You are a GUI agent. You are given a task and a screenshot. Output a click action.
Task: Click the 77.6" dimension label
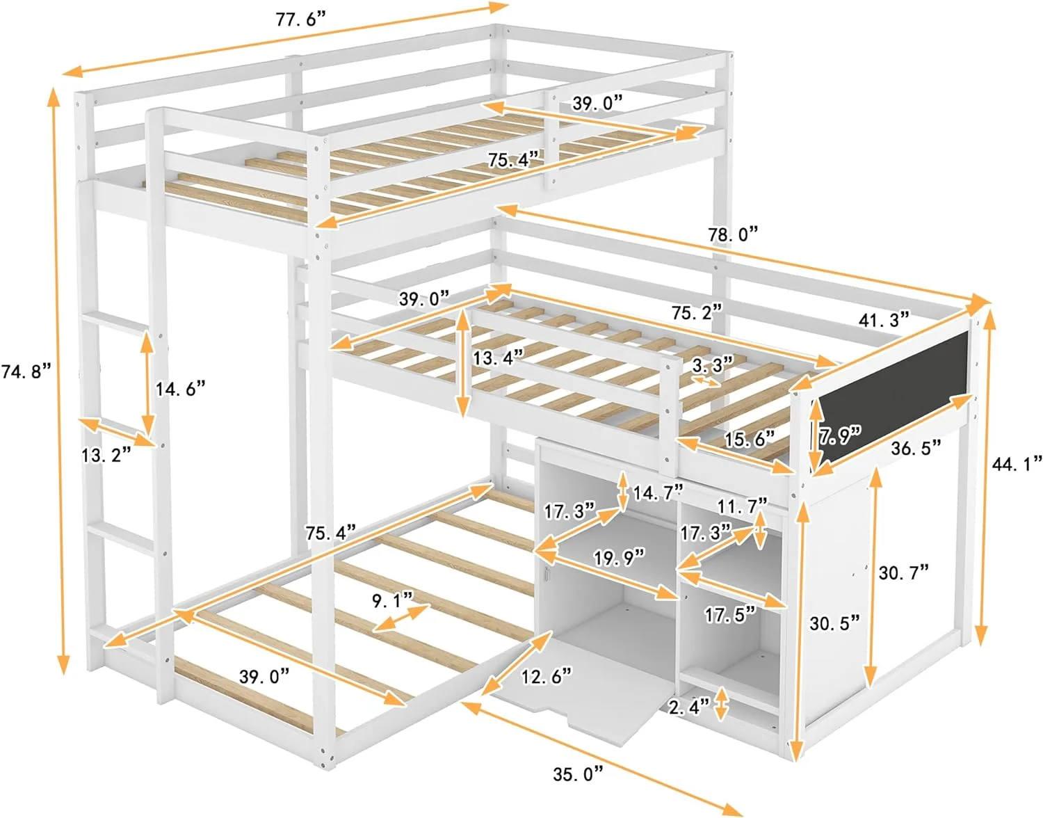click(x=300, y=19)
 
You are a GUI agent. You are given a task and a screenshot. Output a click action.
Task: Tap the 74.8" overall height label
click(x=26, y=371)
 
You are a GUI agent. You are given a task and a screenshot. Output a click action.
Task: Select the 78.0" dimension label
click(x=733, y=234)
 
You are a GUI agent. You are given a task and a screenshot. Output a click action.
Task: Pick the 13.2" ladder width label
click(x=106, y=455)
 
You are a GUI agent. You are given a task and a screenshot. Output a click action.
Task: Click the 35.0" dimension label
click(x=578, y=773)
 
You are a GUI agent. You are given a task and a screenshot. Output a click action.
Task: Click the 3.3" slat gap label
click(x=713, y=364)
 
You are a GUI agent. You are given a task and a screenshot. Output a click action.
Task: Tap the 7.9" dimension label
click(x=839, y=435)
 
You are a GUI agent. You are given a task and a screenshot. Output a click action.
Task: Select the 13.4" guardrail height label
click(x=498, y=358)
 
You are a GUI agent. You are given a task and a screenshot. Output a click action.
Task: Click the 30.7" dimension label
click(x=903, y=572)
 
